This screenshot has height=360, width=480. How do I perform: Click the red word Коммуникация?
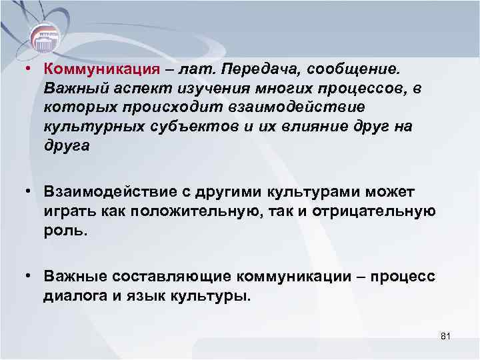[x=101, y=69]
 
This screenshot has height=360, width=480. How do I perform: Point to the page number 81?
[x=446, y=337]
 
